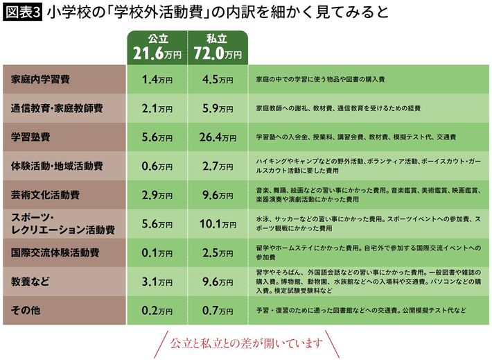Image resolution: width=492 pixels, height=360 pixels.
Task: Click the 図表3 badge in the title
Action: pyautogui.click(x=24, y=12)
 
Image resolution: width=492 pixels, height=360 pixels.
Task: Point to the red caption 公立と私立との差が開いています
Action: pyautogui.click(x=246, y=343)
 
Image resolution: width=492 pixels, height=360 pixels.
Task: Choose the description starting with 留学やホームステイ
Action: pyautogui.click(x=367, y=252)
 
